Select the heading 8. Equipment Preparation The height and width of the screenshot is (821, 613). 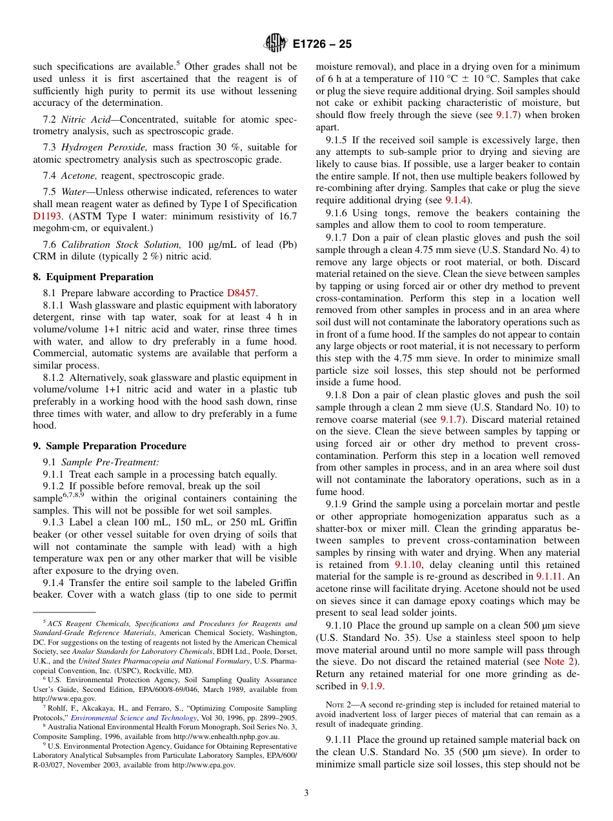(x=93, y=277)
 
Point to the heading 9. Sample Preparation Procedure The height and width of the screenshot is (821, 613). (x=109, y=446)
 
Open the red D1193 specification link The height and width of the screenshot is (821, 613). (x=46, y=216)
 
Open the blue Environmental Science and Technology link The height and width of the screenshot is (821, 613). (x=134, y=718)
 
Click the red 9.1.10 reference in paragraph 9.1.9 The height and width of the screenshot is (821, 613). (x=408, y=564)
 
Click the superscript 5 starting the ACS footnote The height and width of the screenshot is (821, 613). (x=45, y=622)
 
